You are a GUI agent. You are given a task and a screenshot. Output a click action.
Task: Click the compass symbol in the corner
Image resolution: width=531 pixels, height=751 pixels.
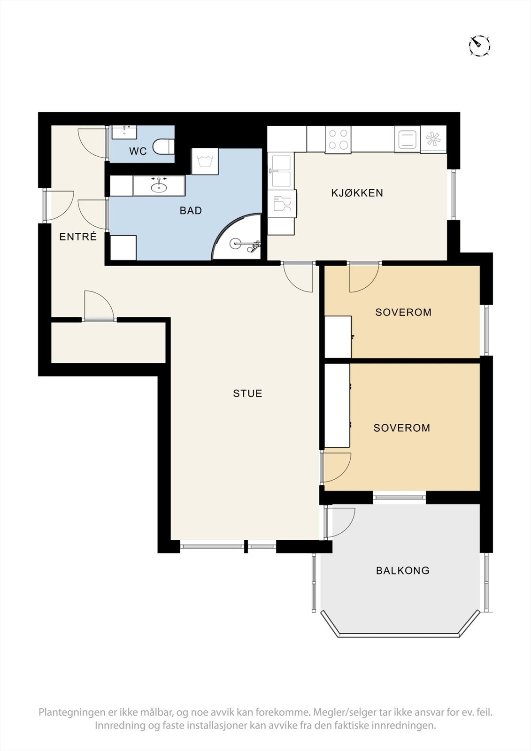pos(479,45)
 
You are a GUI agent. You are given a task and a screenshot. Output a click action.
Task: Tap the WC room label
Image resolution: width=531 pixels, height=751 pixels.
pos(138,151)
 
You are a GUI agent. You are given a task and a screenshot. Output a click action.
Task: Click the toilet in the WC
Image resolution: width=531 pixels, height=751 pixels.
pos(163,147)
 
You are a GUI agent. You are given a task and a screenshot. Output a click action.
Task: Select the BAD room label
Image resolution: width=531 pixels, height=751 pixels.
pos(191,211)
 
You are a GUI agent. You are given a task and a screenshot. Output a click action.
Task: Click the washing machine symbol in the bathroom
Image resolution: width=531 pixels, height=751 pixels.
pos(205,161)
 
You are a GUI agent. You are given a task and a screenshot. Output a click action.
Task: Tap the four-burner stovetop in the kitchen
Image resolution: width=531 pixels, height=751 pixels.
pos(338,139)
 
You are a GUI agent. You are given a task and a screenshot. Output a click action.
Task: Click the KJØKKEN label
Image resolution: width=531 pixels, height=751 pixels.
pos(357,193)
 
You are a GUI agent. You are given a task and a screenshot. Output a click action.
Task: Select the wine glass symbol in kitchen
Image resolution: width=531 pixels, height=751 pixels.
pos(282,204)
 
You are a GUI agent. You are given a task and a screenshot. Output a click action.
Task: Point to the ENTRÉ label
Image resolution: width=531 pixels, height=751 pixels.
pos(78,237)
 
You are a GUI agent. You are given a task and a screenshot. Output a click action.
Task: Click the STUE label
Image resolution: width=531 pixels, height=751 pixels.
pos(247,393)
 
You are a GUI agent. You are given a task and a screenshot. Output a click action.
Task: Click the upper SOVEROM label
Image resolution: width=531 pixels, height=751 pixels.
pos(403,312)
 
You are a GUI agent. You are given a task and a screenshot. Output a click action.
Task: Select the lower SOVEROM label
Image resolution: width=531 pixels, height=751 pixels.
pos(401,428)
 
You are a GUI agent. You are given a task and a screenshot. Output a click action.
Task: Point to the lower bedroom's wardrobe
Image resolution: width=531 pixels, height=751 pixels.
pos(337,406)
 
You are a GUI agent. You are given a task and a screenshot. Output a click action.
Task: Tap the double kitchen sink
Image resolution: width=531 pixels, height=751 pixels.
pos(281,170)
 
